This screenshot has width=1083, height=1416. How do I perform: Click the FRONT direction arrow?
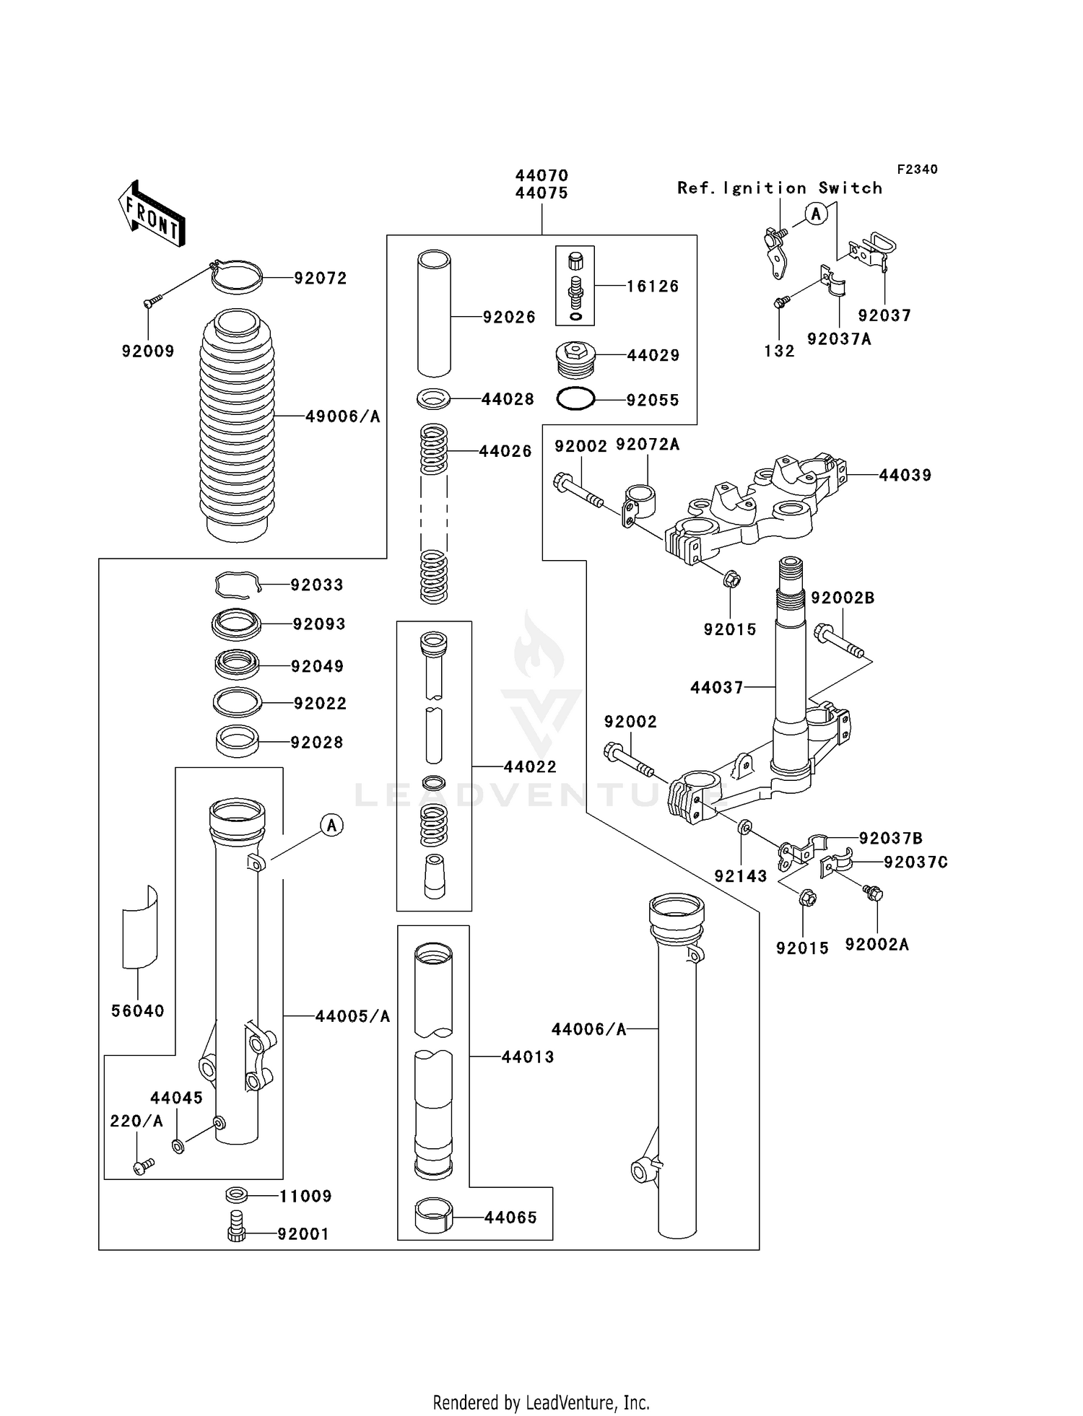(x=152, y=214)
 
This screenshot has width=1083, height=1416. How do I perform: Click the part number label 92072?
(x=320, y=279)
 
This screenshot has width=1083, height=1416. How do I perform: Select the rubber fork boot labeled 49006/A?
(x=237, y=426)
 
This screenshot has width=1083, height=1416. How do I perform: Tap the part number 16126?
(x=653, y=287)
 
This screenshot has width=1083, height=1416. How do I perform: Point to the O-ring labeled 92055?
(x=575, y=398)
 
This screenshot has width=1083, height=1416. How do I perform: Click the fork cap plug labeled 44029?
(x=575, y=359)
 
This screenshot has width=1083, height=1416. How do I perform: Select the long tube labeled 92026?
(x=434, y=313)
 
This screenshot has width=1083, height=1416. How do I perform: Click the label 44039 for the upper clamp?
(x=905, y=476)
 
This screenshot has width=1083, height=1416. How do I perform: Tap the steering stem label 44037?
(x=716, y=688)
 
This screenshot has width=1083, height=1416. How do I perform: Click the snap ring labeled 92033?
(x=237, y=585)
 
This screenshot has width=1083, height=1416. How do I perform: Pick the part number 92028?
(x=316, y=743)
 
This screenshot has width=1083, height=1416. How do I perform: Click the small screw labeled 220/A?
(x=144, y=1166)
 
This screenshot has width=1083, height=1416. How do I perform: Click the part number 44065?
(x=510, y=1218)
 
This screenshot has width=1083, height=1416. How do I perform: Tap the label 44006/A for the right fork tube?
(x=588, y=1030)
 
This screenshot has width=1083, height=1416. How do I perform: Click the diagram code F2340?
(x=917, y=170)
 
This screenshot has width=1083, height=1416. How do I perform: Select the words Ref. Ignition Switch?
(x=780, y=188)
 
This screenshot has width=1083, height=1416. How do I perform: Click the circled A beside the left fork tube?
(x=331, y=825)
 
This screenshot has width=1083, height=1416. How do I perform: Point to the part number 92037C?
(x=915, y=862)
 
